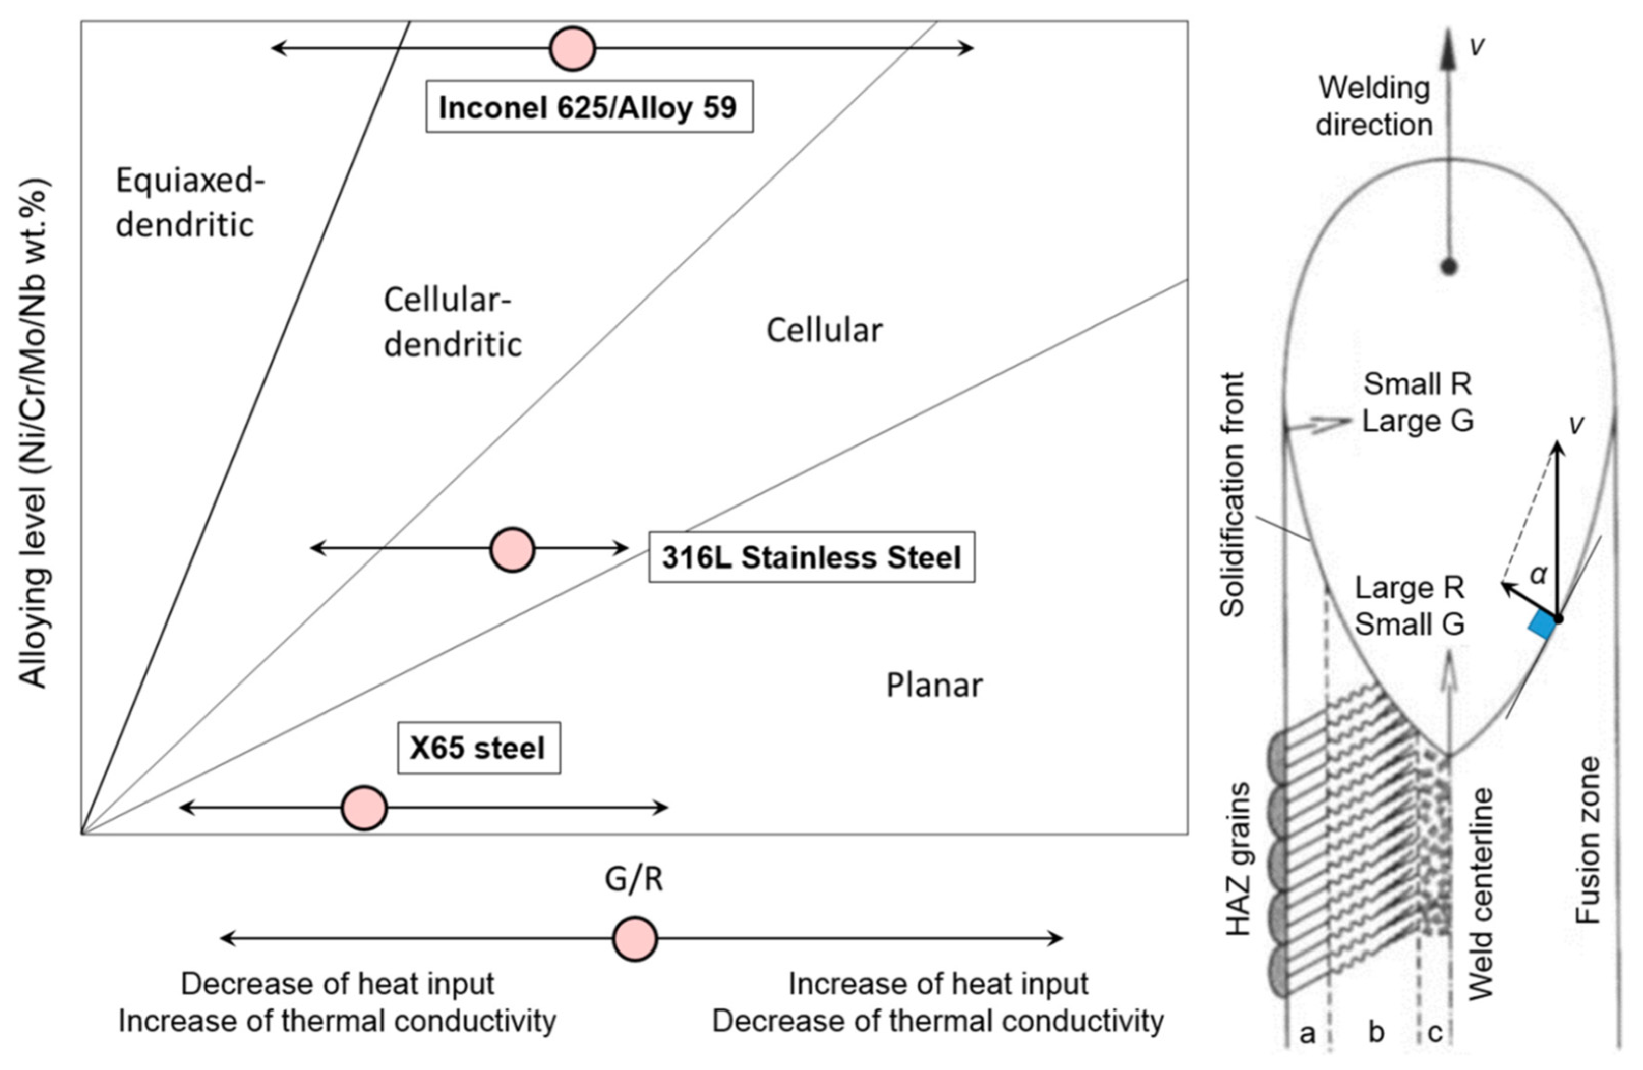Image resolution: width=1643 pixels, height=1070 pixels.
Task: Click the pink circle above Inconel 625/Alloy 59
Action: pos(572,48)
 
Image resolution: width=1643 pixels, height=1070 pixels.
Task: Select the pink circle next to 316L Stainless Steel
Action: pos(512,550)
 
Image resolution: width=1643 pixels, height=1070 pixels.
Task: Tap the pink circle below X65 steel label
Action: pos(364,807)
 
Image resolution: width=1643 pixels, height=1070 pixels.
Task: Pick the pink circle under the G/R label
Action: pos(635,939)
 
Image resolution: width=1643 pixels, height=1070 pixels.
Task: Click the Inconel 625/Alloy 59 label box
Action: pos(589,107)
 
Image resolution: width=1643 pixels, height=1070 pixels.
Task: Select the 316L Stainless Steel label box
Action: pos(811,557)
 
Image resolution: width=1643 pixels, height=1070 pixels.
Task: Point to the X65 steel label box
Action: pos(478,748)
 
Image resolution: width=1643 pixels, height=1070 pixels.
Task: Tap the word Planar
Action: pos(934,686)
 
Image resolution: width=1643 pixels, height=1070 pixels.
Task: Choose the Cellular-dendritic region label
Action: pos(452,322)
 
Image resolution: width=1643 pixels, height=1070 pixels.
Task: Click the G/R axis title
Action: pos(634,879)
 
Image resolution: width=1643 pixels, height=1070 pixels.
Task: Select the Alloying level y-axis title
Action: pos(33,433)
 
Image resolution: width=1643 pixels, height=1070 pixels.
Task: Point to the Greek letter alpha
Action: pos(1538,574)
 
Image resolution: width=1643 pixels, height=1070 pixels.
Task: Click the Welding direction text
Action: pos(1374,107)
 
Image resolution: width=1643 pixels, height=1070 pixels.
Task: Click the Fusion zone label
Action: pos(1588,840)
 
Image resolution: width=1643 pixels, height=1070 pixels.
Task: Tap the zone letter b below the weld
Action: pos(1376,1033)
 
